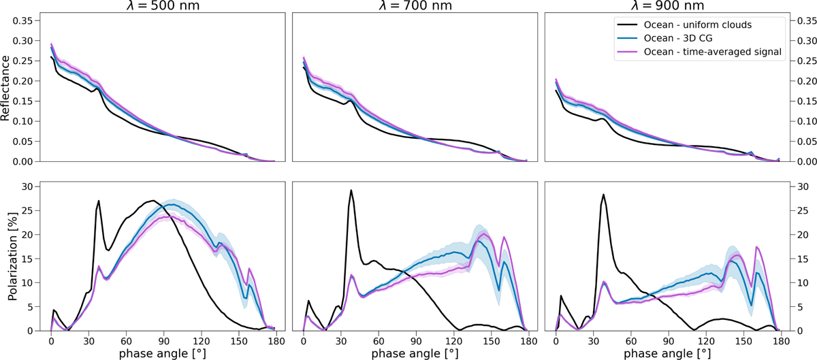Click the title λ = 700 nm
click(x=414, y=6)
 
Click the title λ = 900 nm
click(x=667, y=6)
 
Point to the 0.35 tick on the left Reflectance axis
click(x=23, y=20)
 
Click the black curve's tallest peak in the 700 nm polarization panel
click(x=351, y=191)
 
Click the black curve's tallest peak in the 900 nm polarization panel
click(x=604, y=195)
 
